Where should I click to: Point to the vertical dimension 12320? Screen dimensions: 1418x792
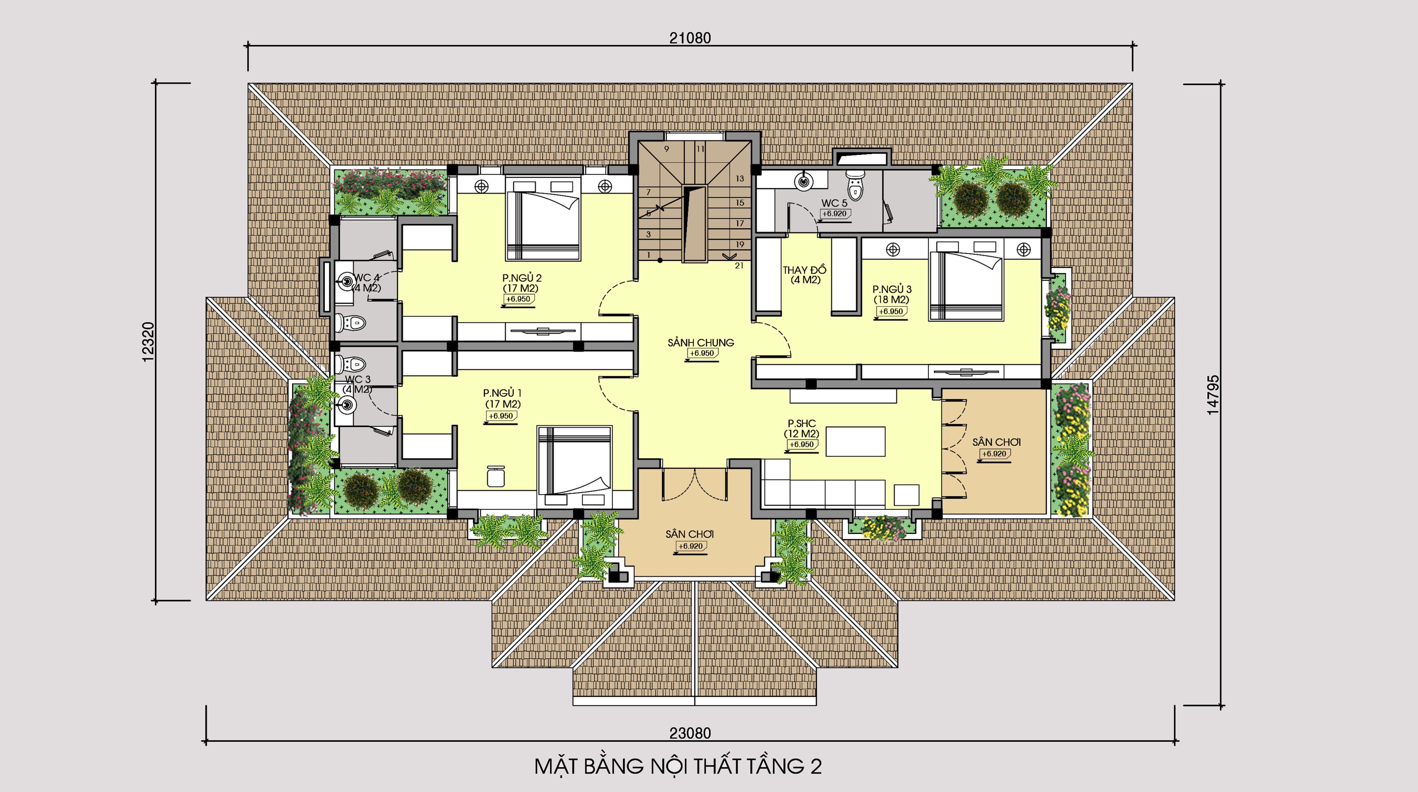149,342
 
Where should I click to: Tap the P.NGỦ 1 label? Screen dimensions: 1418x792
502,393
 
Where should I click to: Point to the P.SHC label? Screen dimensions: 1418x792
801,423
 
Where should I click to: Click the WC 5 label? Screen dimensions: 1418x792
835,203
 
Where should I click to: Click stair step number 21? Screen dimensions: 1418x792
739,265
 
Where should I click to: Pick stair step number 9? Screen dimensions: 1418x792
666,149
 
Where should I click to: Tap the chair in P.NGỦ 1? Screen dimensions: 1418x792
496,476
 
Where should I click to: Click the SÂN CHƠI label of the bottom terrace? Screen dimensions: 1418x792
689,534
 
